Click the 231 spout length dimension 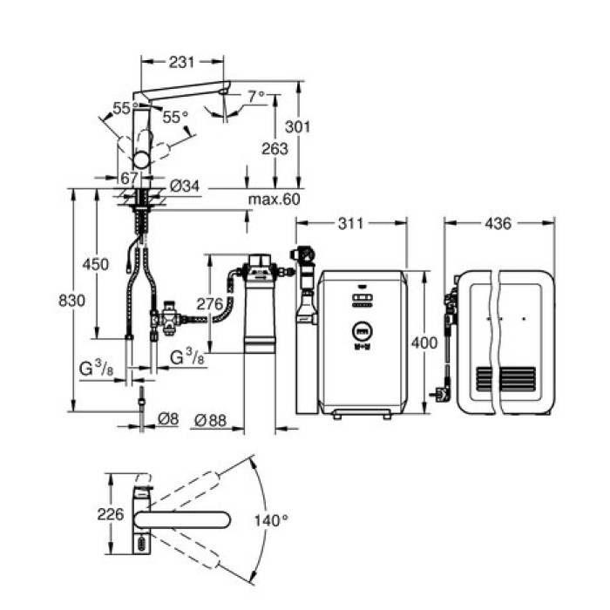(182, 62)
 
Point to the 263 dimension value (274, 149)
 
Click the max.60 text (272, 200)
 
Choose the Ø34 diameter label (185, 185)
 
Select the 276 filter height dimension (210, 304)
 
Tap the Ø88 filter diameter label (210, 419)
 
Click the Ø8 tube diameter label (168, 419)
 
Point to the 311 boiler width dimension (351, 224)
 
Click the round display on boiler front (361, 331)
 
